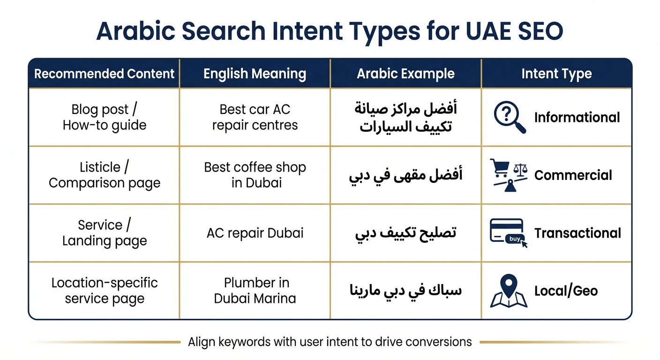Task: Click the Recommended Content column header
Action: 104,74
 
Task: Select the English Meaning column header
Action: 255,74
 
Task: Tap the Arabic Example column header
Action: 405,74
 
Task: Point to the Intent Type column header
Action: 556,74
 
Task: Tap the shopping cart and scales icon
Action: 509,174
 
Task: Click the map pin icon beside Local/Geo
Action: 509,291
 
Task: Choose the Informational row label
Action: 577,118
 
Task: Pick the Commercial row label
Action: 573,175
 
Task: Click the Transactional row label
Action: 577,233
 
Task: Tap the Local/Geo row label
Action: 566,291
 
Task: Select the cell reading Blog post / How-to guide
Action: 104,117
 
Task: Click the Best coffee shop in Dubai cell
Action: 255,175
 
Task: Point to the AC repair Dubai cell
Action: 255,233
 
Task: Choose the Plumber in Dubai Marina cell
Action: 255,291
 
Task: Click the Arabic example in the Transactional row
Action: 405,233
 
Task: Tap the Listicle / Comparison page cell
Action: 104,175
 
